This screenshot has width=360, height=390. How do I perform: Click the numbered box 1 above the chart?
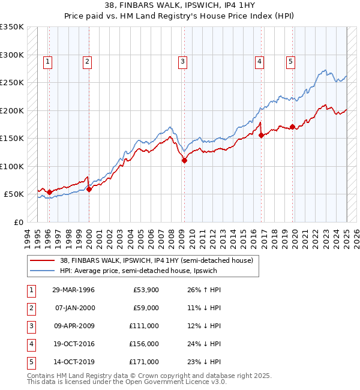(47, 61)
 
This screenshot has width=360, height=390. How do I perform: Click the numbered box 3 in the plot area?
(182, 61)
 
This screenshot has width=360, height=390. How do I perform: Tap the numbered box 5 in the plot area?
(290, 61)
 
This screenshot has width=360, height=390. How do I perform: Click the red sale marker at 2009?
(184, 160)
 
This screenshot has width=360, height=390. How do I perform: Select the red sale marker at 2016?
(262, 136)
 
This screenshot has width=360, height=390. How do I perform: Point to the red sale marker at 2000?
(89, 189)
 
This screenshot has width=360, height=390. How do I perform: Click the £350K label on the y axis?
(12, 27)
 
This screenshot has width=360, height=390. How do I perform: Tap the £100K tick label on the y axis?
(12, 166)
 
